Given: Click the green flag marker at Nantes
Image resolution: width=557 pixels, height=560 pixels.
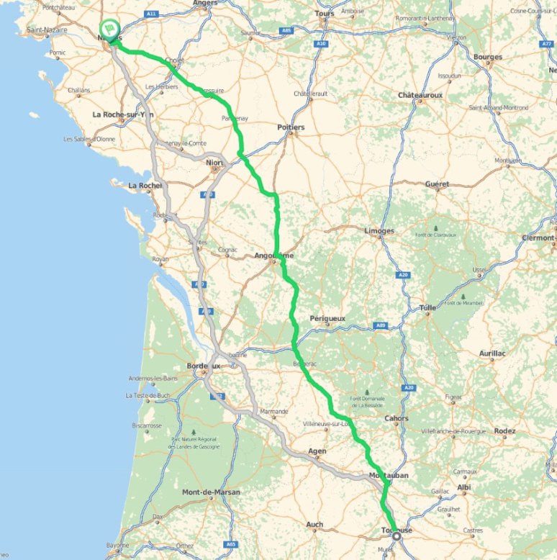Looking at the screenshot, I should click(x=109, y=28).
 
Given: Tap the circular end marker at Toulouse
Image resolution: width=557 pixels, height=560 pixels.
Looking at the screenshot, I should click(x=396, y=536).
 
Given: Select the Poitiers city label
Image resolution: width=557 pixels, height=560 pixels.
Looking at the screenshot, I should click(x=291, y=127).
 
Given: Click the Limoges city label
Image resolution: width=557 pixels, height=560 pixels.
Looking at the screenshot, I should click(x=379, y=231).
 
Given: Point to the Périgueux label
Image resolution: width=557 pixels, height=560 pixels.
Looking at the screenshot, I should click(x=327, y=318).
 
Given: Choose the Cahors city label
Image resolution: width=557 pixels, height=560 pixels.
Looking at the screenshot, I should click(x=396, y=418).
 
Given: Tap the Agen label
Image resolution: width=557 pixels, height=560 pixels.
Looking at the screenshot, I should click(x=317, y=451).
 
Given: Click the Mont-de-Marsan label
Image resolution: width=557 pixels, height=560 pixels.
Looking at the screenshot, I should click(x=212, y=492).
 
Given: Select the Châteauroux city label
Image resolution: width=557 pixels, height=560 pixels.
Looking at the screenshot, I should click(x=420, y=95).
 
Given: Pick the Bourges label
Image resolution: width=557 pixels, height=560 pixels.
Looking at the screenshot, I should click(x=489, y=57).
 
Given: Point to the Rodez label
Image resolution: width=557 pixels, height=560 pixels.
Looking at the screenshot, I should click(x=504, y=431).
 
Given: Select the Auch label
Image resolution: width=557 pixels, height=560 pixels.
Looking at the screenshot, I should click(x=314, y=525).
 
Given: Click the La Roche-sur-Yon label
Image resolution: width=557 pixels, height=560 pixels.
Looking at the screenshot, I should click(x=123, y=114).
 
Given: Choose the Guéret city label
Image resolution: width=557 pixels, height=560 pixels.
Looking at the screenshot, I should click(x=437, y=184).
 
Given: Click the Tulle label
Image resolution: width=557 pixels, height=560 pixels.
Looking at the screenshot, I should click(x=427, y=308).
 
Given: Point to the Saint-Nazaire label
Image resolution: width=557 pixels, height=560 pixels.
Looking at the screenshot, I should click(x=47, y=30).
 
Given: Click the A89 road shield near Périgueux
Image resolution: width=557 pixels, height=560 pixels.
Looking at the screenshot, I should click(x=380, y=326).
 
